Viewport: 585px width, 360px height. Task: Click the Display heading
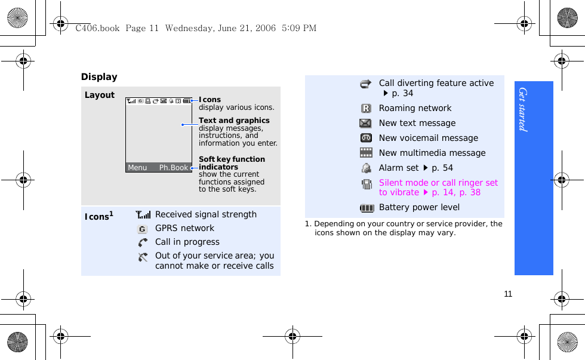pos(99,77)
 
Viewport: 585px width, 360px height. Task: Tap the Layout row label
pos(100,95)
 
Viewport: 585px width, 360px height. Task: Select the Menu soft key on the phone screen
pos(137,168)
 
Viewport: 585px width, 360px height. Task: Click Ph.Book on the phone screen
pos(174,168)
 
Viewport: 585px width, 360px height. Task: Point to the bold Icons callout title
pos(210,100)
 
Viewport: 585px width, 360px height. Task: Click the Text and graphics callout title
pos(234,121)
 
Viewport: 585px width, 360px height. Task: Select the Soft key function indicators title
pos(232,163)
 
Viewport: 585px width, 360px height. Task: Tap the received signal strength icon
pos(143,215)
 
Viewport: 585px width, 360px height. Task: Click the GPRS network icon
pos(143,229)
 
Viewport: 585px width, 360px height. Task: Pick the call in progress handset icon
pos(143,242)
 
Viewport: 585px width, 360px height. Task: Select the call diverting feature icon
pos(366,84)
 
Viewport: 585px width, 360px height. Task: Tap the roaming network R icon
pos(366,109)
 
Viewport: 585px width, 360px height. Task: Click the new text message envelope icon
pos(366,124)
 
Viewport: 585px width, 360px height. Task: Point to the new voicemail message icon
pos(366,139)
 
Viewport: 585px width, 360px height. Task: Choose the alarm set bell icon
pos(366,168)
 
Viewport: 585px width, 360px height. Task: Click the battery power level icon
pos(367,208)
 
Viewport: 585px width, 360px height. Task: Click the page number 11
pos(508,294)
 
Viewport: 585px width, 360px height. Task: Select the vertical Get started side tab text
pos(523,109)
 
